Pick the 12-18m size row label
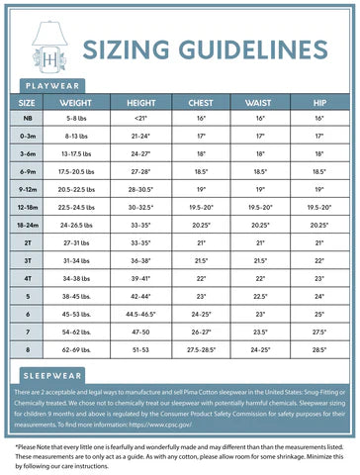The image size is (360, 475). click(28, 207)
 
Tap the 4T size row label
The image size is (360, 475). click(28, 278)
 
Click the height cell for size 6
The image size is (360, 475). click(140, 314)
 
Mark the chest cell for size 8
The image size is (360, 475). click(201, 349)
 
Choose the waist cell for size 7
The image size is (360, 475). click(261, 332)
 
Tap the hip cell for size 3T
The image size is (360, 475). click(318, 260)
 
